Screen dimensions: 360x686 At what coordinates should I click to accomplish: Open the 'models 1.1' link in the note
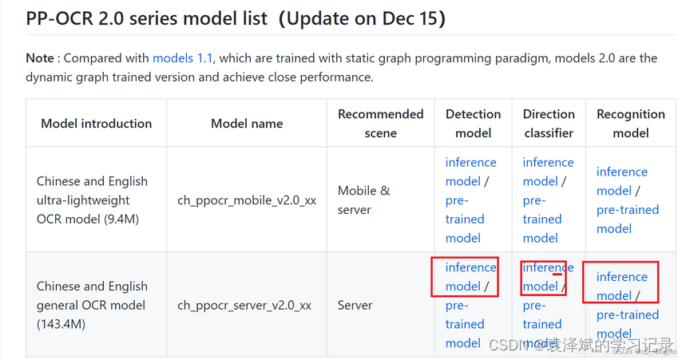pyautogui.click(x=183, y=58)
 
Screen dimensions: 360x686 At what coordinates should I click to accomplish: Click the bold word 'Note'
pyautogui.click(x=39, y=58)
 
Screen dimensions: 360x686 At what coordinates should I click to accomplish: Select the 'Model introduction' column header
pyautogui.click(x=96, y=124)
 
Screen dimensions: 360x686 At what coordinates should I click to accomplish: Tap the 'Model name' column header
pyautogui.click(x=247, y=124)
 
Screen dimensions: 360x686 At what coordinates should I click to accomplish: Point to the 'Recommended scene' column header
pyautogui.click(x=380, y=124)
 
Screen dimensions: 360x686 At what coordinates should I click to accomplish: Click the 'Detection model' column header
pyautogui.click(x=473, y=124)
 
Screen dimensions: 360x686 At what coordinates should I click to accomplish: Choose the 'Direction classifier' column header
pyautogui.click(x=549, y=124)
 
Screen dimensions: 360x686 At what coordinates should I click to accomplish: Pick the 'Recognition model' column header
pyautogui.click(x=630, y=124)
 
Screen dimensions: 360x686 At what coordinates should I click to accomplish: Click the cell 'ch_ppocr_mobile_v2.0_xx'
pyautogui.click(x=247, y=200)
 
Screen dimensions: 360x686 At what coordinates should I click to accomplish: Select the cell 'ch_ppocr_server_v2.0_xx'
pyautogui.click(x=244, y=305)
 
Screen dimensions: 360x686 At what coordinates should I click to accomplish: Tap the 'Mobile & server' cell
pyautogui.click(x=364, y=200)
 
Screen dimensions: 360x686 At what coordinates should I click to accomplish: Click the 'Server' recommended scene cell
pyautogui.click(x=355, y=305)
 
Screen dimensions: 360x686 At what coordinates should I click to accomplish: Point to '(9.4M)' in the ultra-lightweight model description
pyautogui.click(x=120, y=219)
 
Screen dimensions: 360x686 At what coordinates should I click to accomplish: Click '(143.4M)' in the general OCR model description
pyautogui.click(x=61, y=324)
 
